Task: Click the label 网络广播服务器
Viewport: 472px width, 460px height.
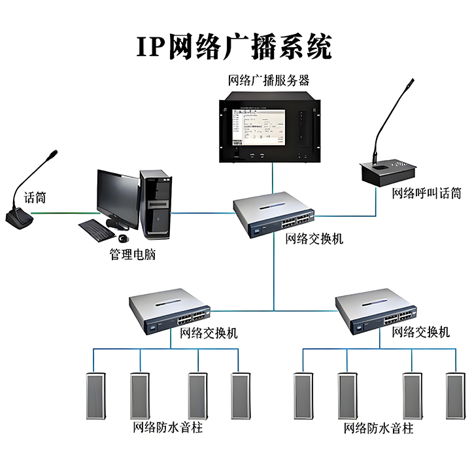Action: [x=268, y=81]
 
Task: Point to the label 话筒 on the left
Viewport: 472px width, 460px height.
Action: [x=35, y=197]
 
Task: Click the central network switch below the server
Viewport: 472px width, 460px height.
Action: [x=275, y=213]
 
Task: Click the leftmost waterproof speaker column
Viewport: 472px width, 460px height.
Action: [x=97, y=396]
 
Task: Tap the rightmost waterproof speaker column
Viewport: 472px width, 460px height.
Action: [x=454, y=396]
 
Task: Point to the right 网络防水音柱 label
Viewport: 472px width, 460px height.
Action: [x=379, y=429]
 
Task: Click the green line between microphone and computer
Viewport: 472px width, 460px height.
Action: [x=62, y=212]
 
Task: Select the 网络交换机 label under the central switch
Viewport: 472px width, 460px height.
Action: [x=314, y=239]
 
